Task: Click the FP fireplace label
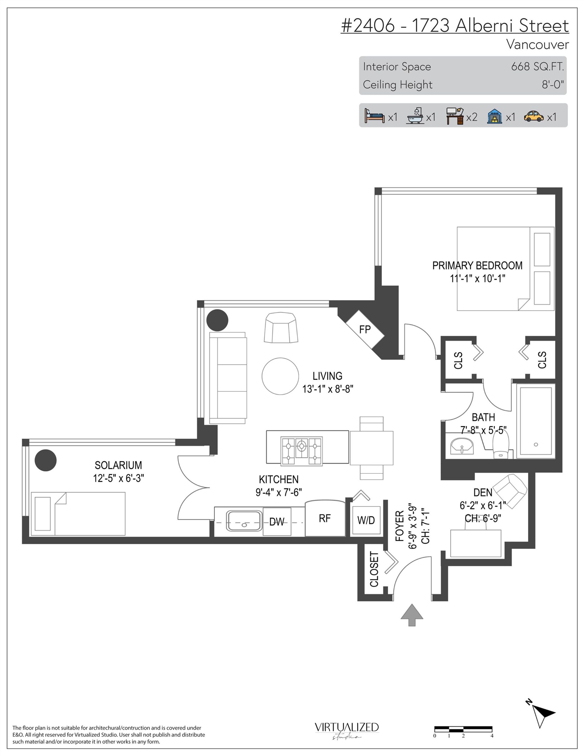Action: pos(365,329)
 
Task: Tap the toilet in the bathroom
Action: pos(501,445)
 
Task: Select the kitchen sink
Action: pos(244,521)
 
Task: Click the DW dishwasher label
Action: pos(276,522)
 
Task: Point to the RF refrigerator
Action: pos(325,518)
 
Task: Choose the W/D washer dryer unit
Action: pos(366,520)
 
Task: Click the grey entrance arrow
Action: pos(412,615)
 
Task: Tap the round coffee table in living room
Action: pos(280,376)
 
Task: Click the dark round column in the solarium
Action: pos(46,460)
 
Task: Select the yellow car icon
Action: pos(534,117)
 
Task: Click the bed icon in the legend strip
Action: pos(374,116)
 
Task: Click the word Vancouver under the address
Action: pos(537,44)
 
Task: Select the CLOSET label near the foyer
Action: pos(374,570)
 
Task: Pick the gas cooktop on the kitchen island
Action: pos(301,451)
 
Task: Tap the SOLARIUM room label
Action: pos(118,465)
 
